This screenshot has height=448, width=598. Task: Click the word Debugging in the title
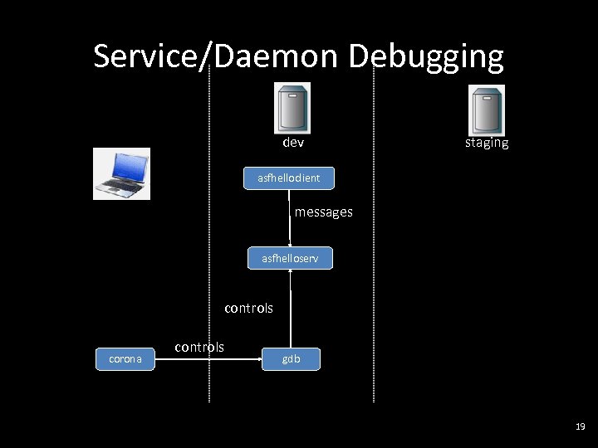coord(425,57)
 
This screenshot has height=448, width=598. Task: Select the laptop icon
coord(121,173)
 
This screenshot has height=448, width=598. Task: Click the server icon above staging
coord(486,110)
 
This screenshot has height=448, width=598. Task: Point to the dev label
coord(293,143)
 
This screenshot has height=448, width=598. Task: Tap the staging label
coord(486,143)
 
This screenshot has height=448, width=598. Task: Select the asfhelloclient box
coord(288,178)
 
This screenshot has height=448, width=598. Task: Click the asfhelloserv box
coord(290,258)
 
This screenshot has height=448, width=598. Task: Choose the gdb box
coord(291,359)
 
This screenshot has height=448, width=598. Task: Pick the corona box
coord(125,359)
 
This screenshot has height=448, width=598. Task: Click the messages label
coord(323,212)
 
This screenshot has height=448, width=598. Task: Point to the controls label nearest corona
coord(199,347)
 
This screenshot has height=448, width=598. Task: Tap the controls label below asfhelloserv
coord(248,308)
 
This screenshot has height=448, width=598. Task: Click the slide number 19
coord(580,426)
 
